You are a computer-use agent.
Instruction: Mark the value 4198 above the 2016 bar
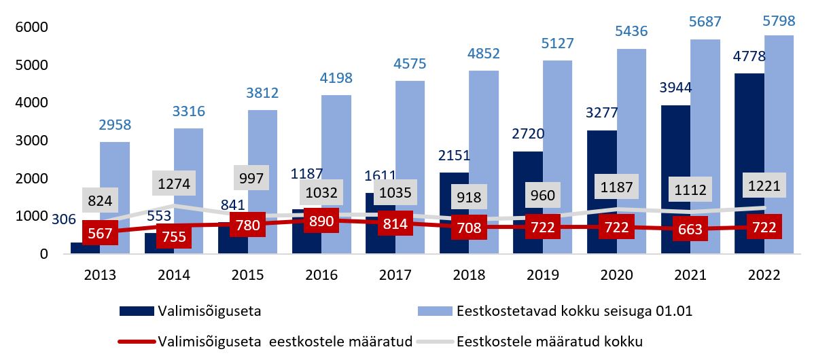[337, 78]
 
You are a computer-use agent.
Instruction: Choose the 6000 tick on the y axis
[29, 27]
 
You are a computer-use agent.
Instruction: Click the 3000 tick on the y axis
[29, 141]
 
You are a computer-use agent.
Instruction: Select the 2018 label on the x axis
[468, 276]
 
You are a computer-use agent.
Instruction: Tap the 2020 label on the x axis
[616, 276]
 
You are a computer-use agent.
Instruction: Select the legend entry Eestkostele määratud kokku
[549, 341]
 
